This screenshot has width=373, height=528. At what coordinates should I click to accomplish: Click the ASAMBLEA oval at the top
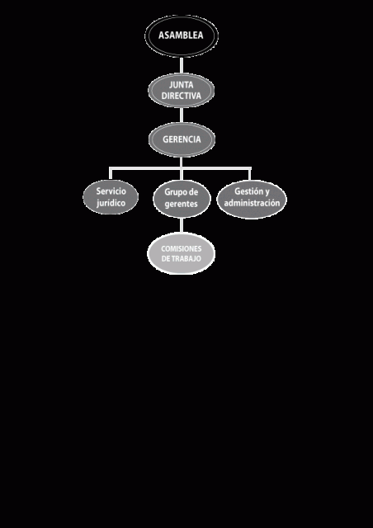point(182,35)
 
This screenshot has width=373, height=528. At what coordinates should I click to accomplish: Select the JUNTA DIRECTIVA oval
point(182,90)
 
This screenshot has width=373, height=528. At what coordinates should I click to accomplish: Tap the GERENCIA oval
point(182,139)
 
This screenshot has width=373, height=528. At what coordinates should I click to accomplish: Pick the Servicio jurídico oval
point(111,197)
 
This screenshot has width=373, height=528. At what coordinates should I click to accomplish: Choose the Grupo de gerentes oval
point(182,199)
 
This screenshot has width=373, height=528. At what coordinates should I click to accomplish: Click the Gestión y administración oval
point(252,200)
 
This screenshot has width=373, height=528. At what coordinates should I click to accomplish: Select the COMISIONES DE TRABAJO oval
point(182,253)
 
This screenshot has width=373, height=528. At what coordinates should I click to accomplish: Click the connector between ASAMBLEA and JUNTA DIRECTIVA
point(182,65)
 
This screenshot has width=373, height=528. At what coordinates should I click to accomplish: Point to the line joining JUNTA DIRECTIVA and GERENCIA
point(182,115)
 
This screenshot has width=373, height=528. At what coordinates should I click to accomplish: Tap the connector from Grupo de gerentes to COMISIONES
point(182,225)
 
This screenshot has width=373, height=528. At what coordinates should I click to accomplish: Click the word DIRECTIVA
point(182,96)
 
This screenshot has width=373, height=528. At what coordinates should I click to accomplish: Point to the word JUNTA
point(182,85)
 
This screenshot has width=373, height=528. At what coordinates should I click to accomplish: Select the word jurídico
point(111,204)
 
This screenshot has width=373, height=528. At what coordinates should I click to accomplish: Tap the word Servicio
point(111,191)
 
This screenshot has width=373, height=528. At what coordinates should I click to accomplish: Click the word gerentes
point(182,205)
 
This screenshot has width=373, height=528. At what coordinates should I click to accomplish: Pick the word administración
point(252,204)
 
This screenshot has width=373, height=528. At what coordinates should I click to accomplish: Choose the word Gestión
point(248,191)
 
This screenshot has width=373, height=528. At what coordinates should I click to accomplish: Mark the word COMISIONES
point(182,249)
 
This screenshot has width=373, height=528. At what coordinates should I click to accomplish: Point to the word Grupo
point(173,192)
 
